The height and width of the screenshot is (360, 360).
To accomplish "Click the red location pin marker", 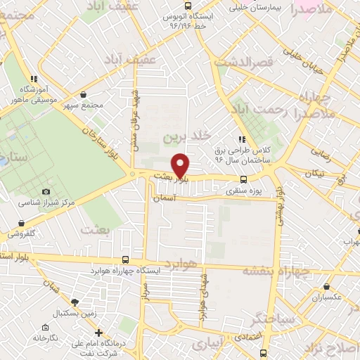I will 181,165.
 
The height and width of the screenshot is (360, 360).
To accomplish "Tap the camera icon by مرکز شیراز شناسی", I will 46,191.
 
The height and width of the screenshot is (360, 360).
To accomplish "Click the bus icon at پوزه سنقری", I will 243,179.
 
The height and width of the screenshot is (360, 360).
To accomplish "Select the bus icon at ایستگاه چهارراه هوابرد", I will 125,259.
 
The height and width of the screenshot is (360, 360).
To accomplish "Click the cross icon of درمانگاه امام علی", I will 98,333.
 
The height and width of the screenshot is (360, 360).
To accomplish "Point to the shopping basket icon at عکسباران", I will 328,286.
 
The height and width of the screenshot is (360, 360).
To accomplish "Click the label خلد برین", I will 186,136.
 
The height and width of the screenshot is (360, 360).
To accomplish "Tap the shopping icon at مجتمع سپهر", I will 84,94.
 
